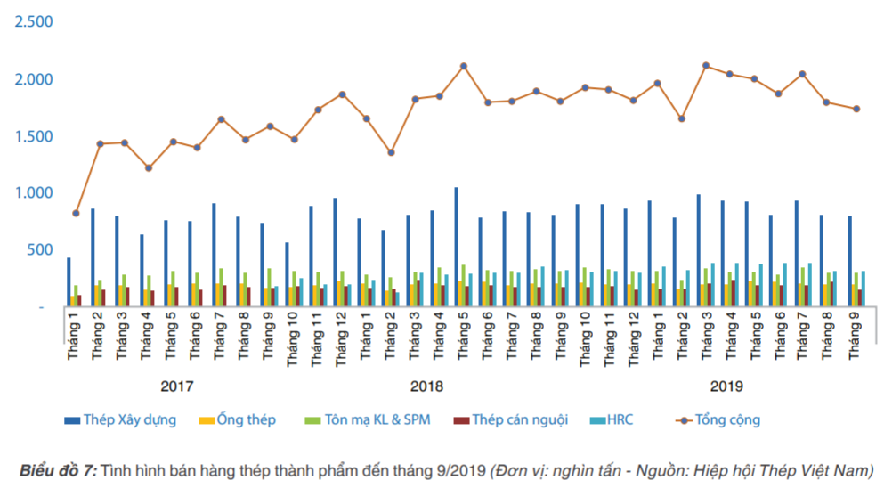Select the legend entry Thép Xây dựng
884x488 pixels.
[130, 419]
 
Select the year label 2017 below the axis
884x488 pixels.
[176, 386]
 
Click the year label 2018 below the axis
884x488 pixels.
[426, 386]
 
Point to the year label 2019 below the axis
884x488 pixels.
[726, 386]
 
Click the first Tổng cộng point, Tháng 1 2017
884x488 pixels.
[76, 214]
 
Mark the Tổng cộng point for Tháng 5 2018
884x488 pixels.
[464, 66]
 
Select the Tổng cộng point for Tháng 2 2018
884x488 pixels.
[391, 152]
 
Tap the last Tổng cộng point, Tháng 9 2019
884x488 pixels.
[856, 109]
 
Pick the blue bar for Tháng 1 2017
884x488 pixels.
[69, 281]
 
